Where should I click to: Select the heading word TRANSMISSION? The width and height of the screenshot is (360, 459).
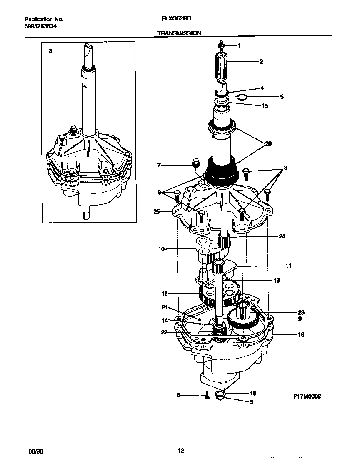pos(179,33)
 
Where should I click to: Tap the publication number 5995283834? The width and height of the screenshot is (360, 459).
pos(41,26)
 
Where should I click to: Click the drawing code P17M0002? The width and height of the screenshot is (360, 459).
pos(306,397)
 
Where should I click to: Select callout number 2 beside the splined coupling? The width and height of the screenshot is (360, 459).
pos(261,62)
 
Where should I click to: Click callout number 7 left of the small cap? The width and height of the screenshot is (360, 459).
pos(159,166)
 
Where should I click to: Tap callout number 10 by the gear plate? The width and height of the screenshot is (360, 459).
pos(161,249)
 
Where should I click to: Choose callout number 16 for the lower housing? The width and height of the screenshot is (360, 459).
pos(301,334)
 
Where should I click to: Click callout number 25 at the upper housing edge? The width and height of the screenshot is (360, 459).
pos(157,212)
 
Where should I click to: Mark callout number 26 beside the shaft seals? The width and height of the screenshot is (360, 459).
pos(268,143)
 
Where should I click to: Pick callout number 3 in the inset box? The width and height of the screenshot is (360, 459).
pos(50,51)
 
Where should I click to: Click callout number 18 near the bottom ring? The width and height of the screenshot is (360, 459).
pos(252,393)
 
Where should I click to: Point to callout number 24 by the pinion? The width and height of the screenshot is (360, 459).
pos(282,236)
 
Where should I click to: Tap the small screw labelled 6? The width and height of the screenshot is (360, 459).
pos(207,396)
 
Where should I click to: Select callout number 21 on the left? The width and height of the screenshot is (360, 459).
pos(165,308)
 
